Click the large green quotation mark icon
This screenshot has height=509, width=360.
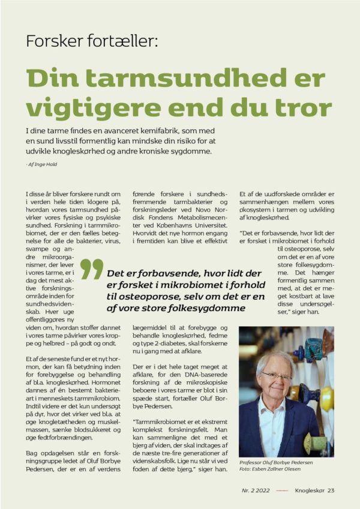(x=92, y=269)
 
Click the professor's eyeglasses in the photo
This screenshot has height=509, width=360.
(x=277, y=375)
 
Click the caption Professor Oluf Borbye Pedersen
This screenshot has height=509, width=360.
(x=275, y=463)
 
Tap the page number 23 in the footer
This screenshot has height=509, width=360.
(x=331, y=491)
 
